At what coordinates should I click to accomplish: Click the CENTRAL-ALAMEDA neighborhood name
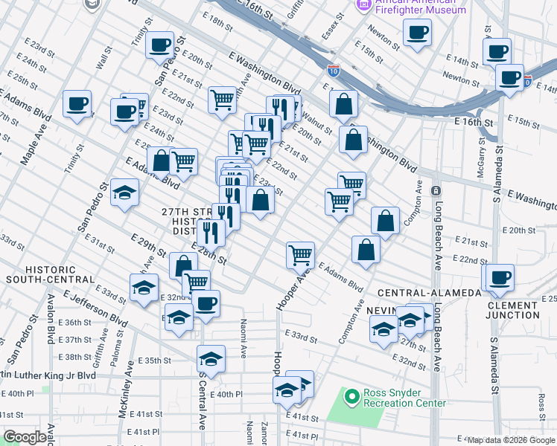pyautogui.click(x=430, y=293)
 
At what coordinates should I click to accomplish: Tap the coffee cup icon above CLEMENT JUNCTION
pyautogui.click(x=498, y=277)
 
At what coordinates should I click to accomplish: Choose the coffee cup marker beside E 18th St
pyautogui.click(x=160, y=45)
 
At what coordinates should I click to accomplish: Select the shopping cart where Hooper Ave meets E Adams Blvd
pyautogui.click(x=300, y=254)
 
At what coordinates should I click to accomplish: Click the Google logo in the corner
pyautogui.click(x=25, y=437)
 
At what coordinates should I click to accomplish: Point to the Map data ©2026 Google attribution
pyautogui.click(x=510, y=440)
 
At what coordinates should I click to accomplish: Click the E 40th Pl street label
pyautogui.click(x=227, y=395)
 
